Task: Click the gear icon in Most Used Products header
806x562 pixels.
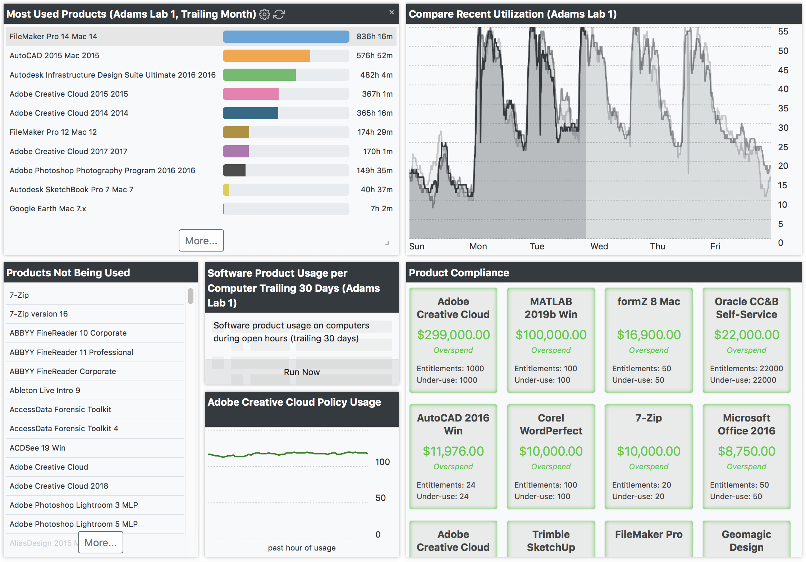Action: pos(265,14)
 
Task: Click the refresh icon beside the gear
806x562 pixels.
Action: pos(279,14)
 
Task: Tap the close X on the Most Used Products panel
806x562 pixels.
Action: pos(391,13)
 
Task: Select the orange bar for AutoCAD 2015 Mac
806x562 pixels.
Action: pos(266,56)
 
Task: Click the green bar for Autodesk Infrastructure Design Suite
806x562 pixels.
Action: pos(259,75)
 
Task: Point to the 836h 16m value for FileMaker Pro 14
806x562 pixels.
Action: pos(374,37)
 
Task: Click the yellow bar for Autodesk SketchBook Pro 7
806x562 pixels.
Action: pos(226,190)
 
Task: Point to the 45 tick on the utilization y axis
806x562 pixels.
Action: pos(783,70)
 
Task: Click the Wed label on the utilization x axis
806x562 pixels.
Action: pos(599,247)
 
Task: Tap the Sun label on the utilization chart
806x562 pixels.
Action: pos(417,247)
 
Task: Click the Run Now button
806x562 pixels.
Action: pos(302,372)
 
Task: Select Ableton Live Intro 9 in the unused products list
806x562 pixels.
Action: pos(45,391)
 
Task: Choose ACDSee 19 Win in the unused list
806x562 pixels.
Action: pos(38,448)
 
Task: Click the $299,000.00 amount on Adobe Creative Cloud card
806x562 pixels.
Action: pos(453,335)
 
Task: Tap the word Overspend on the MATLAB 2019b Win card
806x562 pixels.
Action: pos(551,350)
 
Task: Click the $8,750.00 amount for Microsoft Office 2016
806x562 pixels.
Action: pos(746,451)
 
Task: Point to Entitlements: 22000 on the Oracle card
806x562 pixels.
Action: pos(746,369)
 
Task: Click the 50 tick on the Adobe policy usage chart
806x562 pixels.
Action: pos(380,498)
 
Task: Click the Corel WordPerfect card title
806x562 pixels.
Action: pos(551,424)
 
